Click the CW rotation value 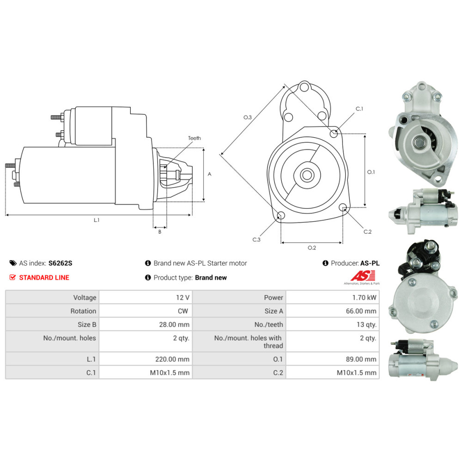pyautogui.click(x=182, y=311)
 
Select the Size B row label pyautogui.click(x=85, y=324)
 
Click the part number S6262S pyautogui.click(x=60, y=263)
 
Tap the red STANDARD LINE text pyautogui.click(x=44, y=277)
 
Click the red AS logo pyautogui.click(x=359, y=276)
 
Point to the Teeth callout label pyautogui.click(x=195, y=138)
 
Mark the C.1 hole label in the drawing pyautogui.click(x=359, y=109)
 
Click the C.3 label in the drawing pyautogui.click(x=256, y=239)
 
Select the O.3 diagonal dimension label pyautogui.click(x=248, y=117)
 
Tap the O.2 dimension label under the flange pyautogui.click(x=312, y=248)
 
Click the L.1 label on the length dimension pyautogui.click(x=97, y=220)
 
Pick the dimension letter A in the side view pyautogui.click(x=209, y=174)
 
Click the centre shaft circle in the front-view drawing pyautogui.click(x=306, y=175)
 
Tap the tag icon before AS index pyautogui.click(x=13, y=263)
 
